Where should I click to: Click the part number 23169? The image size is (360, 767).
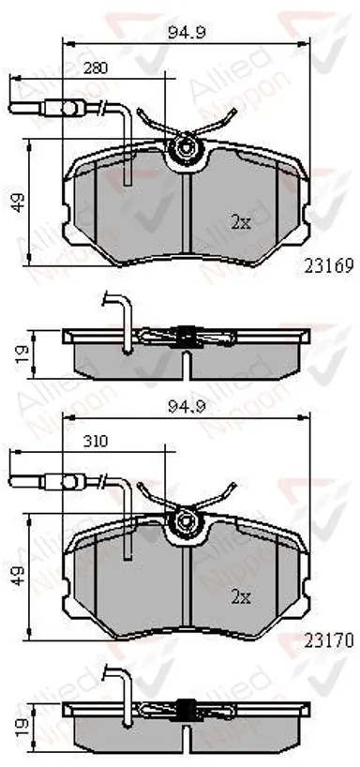coord(329,266)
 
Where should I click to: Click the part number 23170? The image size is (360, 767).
coord(329,640)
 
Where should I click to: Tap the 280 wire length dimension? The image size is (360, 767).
coord(95,68)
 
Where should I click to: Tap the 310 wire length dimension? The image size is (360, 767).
coord(95,442)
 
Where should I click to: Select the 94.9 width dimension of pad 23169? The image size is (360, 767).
coord(187,33)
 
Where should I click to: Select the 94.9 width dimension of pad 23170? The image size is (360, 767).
coord(187,407)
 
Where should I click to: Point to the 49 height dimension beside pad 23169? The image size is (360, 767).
coord(19,202)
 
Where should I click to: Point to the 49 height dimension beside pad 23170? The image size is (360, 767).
coord(19,576)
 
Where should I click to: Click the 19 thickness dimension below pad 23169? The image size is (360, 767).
coord(19,353)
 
